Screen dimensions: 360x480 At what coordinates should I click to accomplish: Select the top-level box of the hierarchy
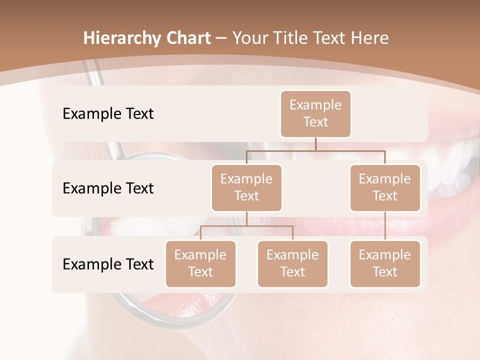pyautogui.click(x=315, y=114)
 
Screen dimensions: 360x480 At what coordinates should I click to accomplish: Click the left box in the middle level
pyautogui.click(x=246, y=187)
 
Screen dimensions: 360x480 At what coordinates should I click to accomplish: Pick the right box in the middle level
pyautogui.click(x=385, y=187)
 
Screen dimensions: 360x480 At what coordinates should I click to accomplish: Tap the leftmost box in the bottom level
pyautogui.click(x=200, y=263)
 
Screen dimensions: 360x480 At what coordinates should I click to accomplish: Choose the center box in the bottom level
pyautogui.click(x=292, y=263)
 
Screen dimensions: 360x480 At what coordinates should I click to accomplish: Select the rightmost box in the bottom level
pyautogui.click(x=385, y=263)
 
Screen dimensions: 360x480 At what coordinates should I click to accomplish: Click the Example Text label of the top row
pyautogui.click(x=108, y=114)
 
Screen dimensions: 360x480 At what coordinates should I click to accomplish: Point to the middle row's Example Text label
pyautogui.click(x=108, y=188)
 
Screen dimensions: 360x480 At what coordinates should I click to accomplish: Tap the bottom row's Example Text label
pyautogui.click(x=108, y=264)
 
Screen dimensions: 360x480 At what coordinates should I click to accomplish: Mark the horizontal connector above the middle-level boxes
pyautogui.click(x=315, y=150)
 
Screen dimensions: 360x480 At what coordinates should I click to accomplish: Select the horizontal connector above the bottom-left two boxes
pyautogui.click(x=246, y=226)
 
